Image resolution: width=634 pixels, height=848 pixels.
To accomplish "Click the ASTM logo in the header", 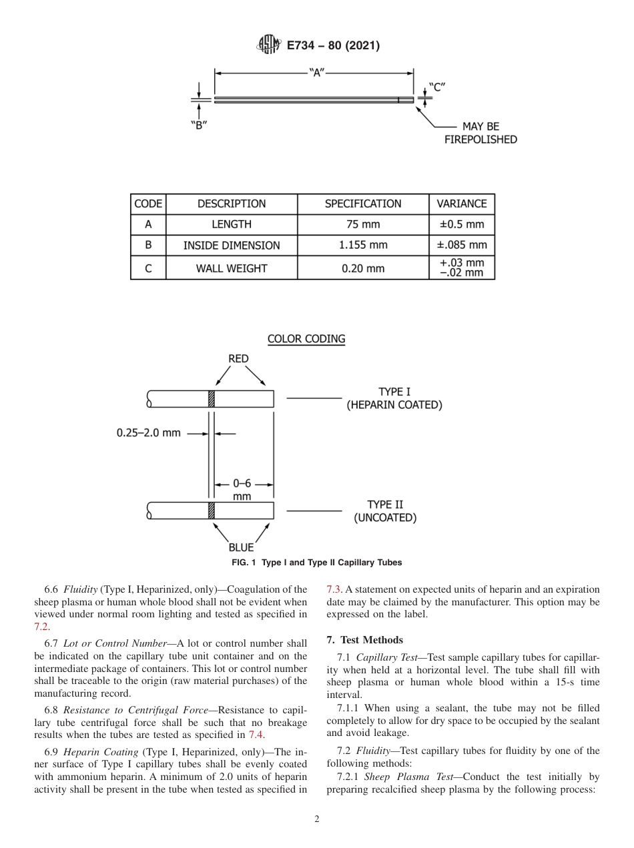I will (x=269, y=45).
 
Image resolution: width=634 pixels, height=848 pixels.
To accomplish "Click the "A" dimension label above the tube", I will (x=316, y=73).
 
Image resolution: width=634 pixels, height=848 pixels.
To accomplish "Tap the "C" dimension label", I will (x=436, y=87).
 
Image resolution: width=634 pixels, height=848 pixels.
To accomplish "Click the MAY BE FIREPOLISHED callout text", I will (x=481, y=133).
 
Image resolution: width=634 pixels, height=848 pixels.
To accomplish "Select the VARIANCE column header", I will (x=461, y=204).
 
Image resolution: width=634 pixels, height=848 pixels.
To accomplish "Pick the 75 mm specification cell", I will (x=363, y=225).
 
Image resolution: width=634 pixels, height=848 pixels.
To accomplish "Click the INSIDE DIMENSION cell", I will (x=232, y=245).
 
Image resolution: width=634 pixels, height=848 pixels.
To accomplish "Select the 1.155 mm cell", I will (x=363, y=245).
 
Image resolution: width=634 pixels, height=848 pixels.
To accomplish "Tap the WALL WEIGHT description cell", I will (x=232, y=268).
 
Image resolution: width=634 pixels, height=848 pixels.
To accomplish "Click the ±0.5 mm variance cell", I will (x=461, y=225).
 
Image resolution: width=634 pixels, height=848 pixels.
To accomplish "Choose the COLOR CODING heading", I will (x=306, y=339).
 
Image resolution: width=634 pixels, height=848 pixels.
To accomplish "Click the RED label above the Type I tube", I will (x=238, y=359).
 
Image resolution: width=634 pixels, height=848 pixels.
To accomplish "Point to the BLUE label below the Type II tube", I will (x=241, y=547).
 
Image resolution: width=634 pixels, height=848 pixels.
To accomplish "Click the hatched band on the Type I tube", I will (x=212, y=399).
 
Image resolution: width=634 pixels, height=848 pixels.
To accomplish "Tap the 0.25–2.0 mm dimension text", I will (x=148, y=433).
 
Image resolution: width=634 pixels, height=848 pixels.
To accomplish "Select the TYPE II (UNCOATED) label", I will (x=385, y=511).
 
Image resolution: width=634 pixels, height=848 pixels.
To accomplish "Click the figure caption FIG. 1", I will (x=316, y=563).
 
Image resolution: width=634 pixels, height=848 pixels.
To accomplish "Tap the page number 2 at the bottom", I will (x=316, y=819).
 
